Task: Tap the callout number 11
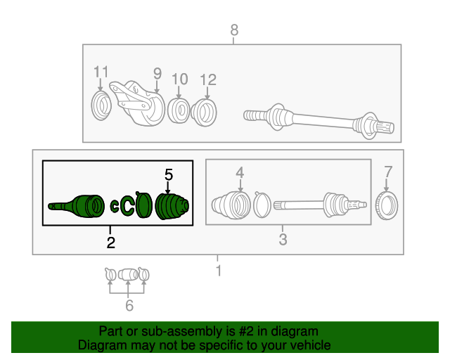pyautogui.click(x=101, y=72)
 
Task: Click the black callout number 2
pyautogui.click(x=110, y=243)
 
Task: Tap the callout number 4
pyautogui.click(x=240, y=172)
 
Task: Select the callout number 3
pyautogui.click(x=283, y=240)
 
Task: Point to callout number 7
pyautogui.click(x=388, y=172)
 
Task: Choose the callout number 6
pyautogui.click(x=129, y=305)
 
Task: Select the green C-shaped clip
pyautogui.click(x=128, y=206)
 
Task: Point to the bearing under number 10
pyautogui.click(x=180, y=110)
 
